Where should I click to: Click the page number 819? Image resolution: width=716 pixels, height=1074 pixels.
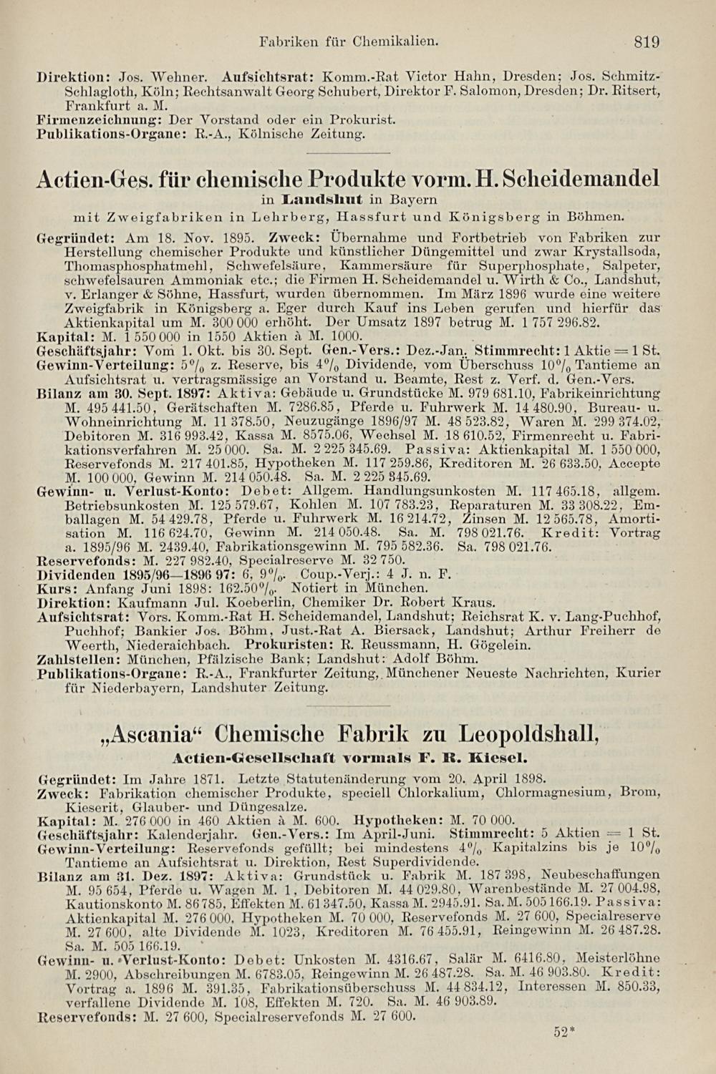(646, 42)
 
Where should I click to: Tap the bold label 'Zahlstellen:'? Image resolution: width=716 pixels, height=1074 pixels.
(79, 658)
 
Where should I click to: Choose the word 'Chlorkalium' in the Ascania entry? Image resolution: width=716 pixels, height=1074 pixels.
(451, 793)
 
